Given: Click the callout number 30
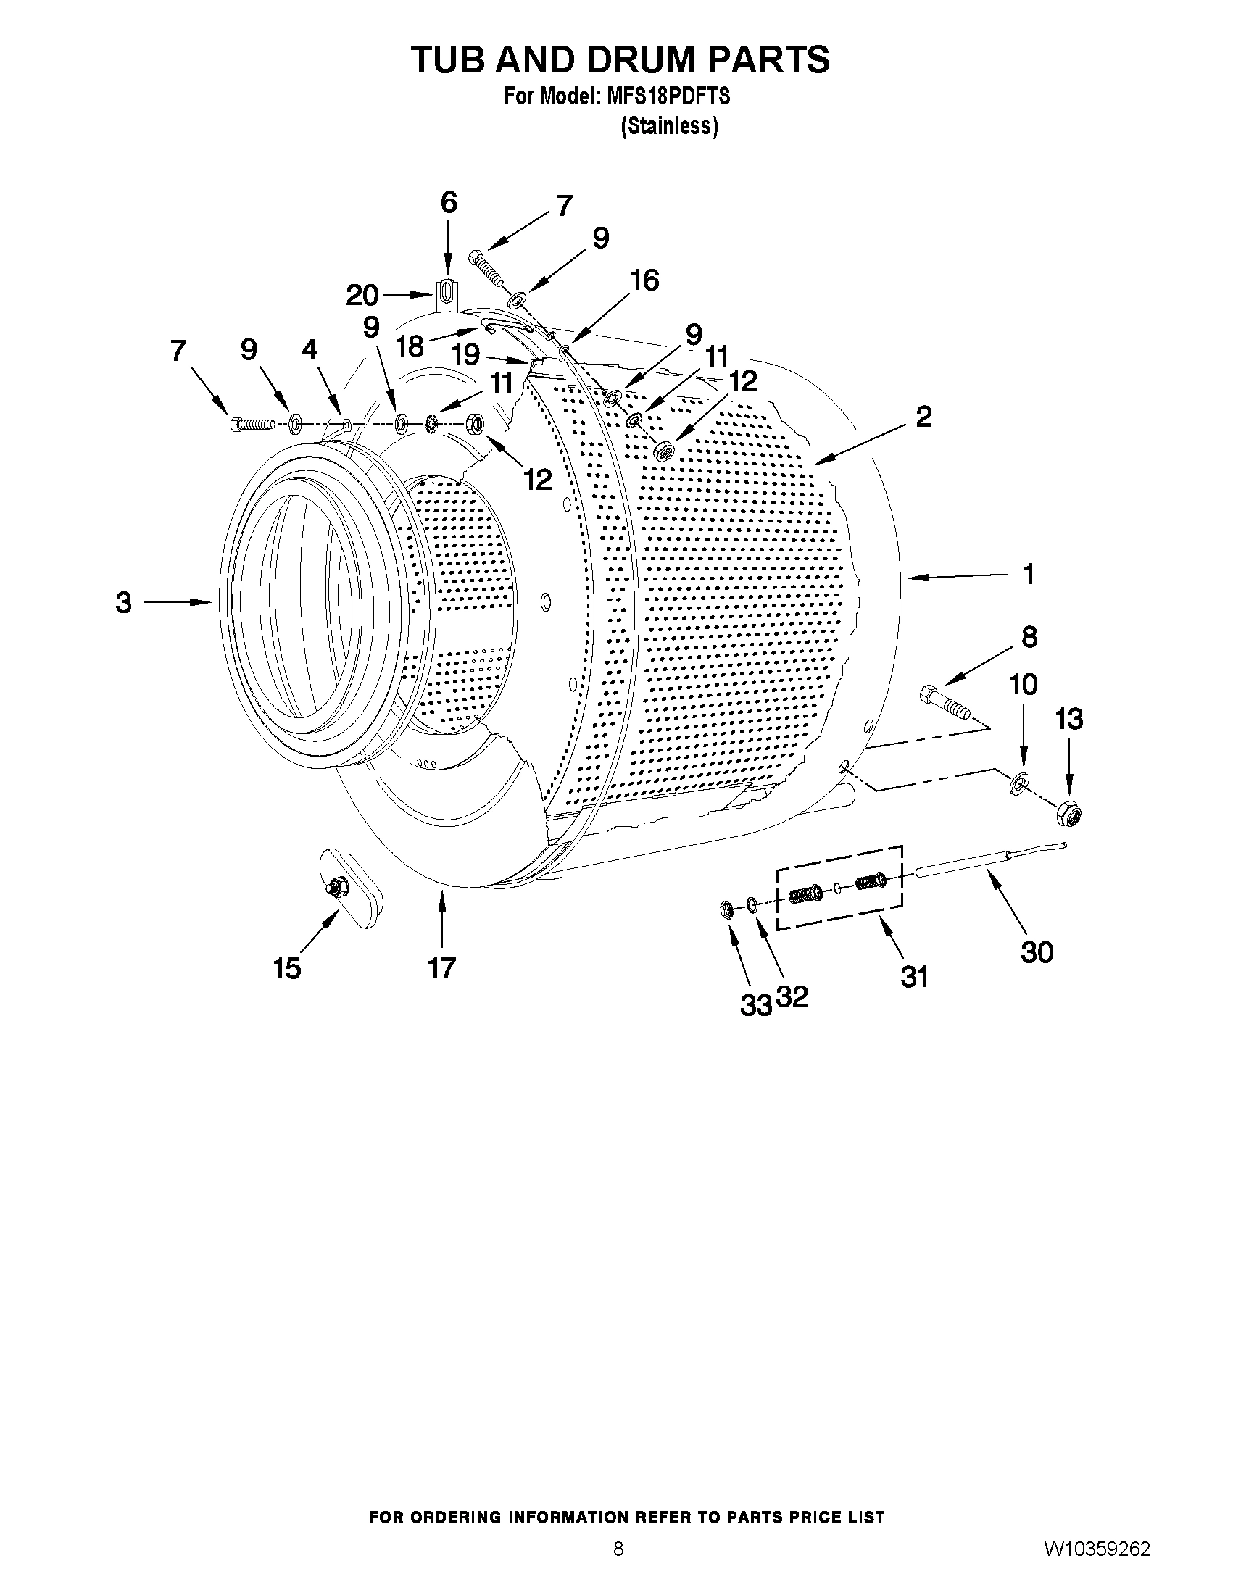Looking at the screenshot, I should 1036,952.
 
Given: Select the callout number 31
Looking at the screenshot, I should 913,976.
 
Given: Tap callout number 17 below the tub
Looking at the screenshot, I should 442,967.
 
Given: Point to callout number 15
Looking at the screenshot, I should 287,968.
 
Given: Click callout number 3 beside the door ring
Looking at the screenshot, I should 123,602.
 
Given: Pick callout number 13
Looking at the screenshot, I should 1068,720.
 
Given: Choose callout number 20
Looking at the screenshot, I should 362,295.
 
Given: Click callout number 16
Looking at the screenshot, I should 645,280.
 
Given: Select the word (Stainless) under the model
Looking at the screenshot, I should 669,126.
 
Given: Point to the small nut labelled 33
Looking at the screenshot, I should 726,910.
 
